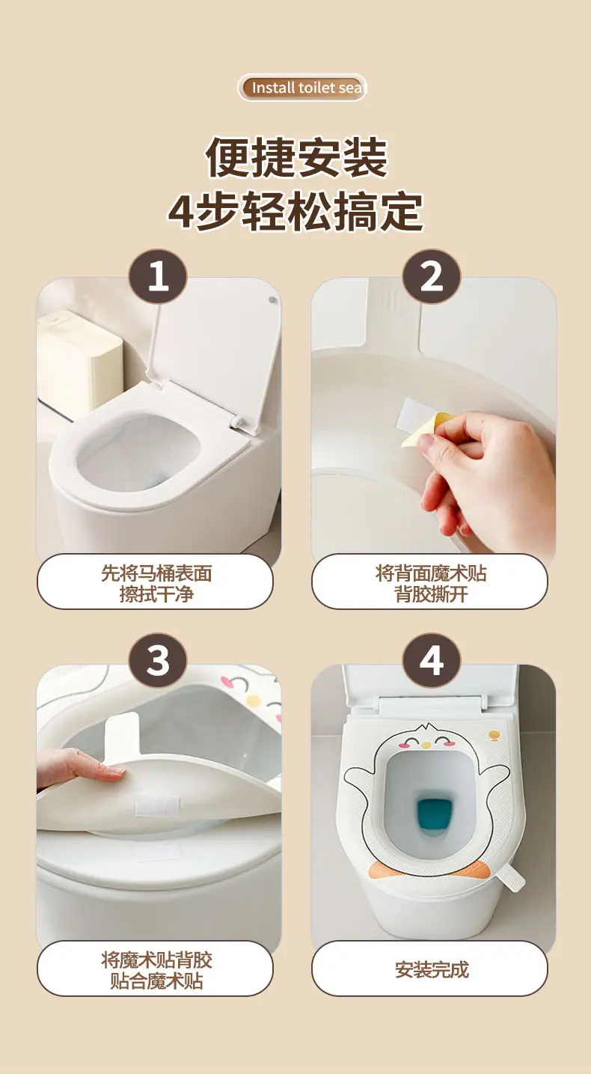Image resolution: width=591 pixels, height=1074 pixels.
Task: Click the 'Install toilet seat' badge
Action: [302, 88]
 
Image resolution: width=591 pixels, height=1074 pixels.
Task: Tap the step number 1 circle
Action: [158, 277]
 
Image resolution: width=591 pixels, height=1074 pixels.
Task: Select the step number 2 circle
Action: [432, 277]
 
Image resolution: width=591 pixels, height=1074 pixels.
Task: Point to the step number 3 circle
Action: [158, 661]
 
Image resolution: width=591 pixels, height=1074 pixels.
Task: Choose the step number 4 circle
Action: [432, 661]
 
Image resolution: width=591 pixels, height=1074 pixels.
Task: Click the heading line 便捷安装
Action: [296, 157]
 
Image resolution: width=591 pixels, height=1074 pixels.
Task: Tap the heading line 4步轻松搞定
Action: [295, 212]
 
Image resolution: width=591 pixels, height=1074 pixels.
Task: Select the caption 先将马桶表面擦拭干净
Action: [156, 583]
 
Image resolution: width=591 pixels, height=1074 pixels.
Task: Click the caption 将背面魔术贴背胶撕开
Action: [430, 583]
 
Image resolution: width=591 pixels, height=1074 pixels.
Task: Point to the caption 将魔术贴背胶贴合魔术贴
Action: [156, 968]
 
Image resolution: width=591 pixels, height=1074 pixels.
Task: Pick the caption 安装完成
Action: [430, 968]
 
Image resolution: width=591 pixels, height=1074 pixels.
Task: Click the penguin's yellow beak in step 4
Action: [425, 745]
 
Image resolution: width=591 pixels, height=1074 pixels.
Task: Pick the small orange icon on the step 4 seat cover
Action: [494, 736]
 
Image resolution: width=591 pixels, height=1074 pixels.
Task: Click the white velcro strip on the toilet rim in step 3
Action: [158, 852]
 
